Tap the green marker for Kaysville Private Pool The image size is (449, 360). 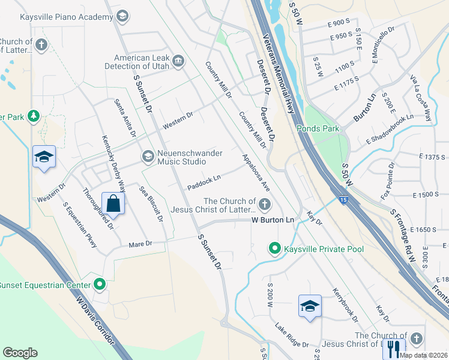274,248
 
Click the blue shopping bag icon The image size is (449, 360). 113,203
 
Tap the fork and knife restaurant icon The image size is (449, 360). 394,347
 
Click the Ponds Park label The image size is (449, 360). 318,128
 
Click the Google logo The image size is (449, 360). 20,353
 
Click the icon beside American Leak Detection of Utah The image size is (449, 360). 178,61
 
